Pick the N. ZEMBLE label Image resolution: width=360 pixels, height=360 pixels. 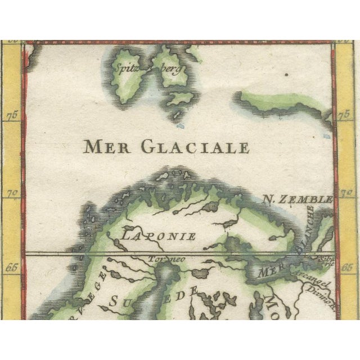pyautogui.click(x=298, y=199)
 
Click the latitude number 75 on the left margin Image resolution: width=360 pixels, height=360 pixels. pyautogui.click(x=12, y=116)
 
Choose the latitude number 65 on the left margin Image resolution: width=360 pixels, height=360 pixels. pyautogui.click(x=12, y=268)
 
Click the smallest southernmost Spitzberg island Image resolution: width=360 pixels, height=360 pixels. pyautogui.click(x=178, y=116)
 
